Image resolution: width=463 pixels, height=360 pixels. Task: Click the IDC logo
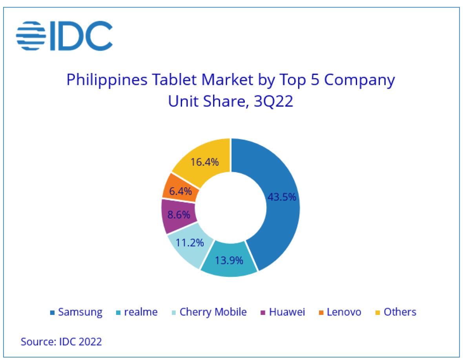(64, 36)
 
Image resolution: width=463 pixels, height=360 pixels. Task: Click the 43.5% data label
(281, 197)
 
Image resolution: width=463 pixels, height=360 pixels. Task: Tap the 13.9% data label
(229, 260)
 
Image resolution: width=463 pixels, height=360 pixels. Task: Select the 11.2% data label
(190, 243)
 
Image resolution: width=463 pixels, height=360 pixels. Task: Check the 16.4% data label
(205, 162)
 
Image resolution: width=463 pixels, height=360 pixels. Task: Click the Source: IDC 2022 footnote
(61, 341)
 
